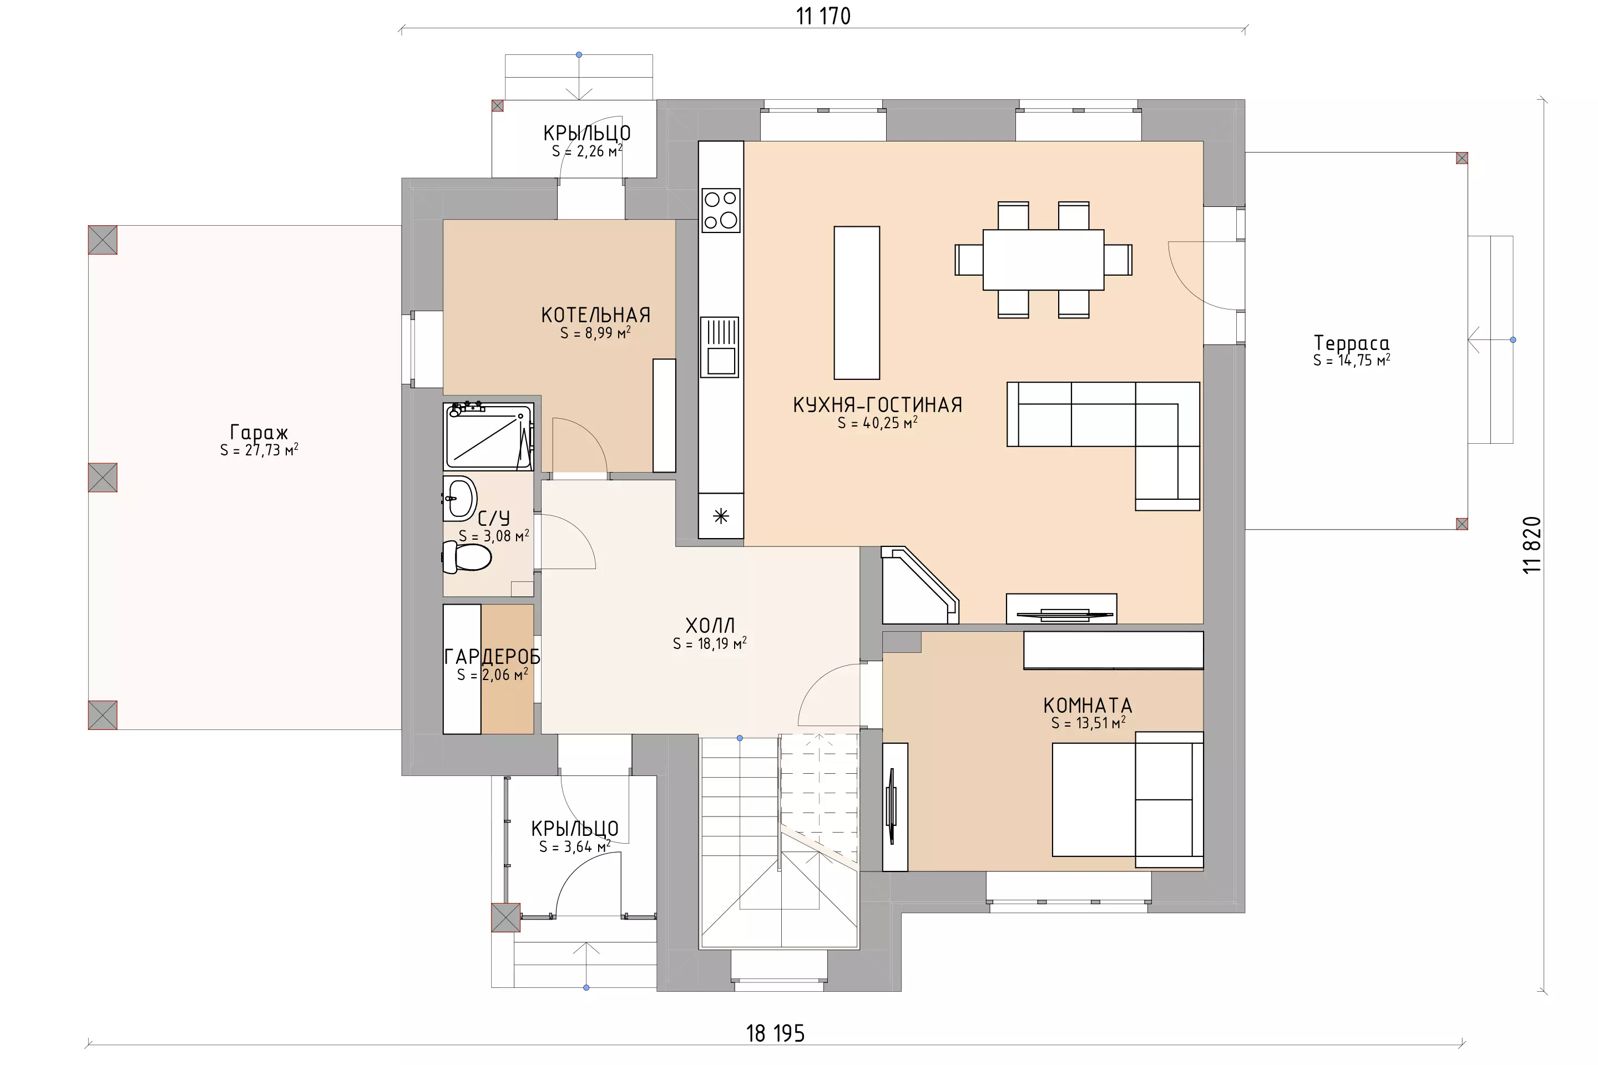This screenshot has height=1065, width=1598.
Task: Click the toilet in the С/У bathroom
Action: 467,556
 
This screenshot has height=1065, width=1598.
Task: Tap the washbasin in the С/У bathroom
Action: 460,498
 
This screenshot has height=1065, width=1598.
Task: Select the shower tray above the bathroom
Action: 488,436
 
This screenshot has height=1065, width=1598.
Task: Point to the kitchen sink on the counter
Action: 720,346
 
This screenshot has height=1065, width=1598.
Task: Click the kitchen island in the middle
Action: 857,302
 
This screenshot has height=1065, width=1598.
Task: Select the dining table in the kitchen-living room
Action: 1043,260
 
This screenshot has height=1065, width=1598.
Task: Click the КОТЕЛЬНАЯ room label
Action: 596,315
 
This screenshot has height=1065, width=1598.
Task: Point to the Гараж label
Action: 259,432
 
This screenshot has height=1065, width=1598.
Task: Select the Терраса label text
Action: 1352,343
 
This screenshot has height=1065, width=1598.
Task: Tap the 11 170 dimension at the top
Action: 823,16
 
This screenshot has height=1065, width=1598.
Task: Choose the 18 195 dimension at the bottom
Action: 775,1033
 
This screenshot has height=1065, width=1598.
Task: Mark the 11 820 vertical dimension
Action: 1532,545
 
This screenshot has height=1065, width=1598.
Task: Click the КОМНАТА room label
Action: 1088,706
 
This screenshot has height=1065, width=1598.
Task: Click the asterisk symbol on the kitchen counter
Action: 721,516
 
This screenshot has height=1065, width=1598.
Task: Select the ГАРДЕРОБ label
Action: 492,657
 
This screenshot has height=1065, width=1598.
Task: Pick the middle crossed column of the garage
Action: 103,478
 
